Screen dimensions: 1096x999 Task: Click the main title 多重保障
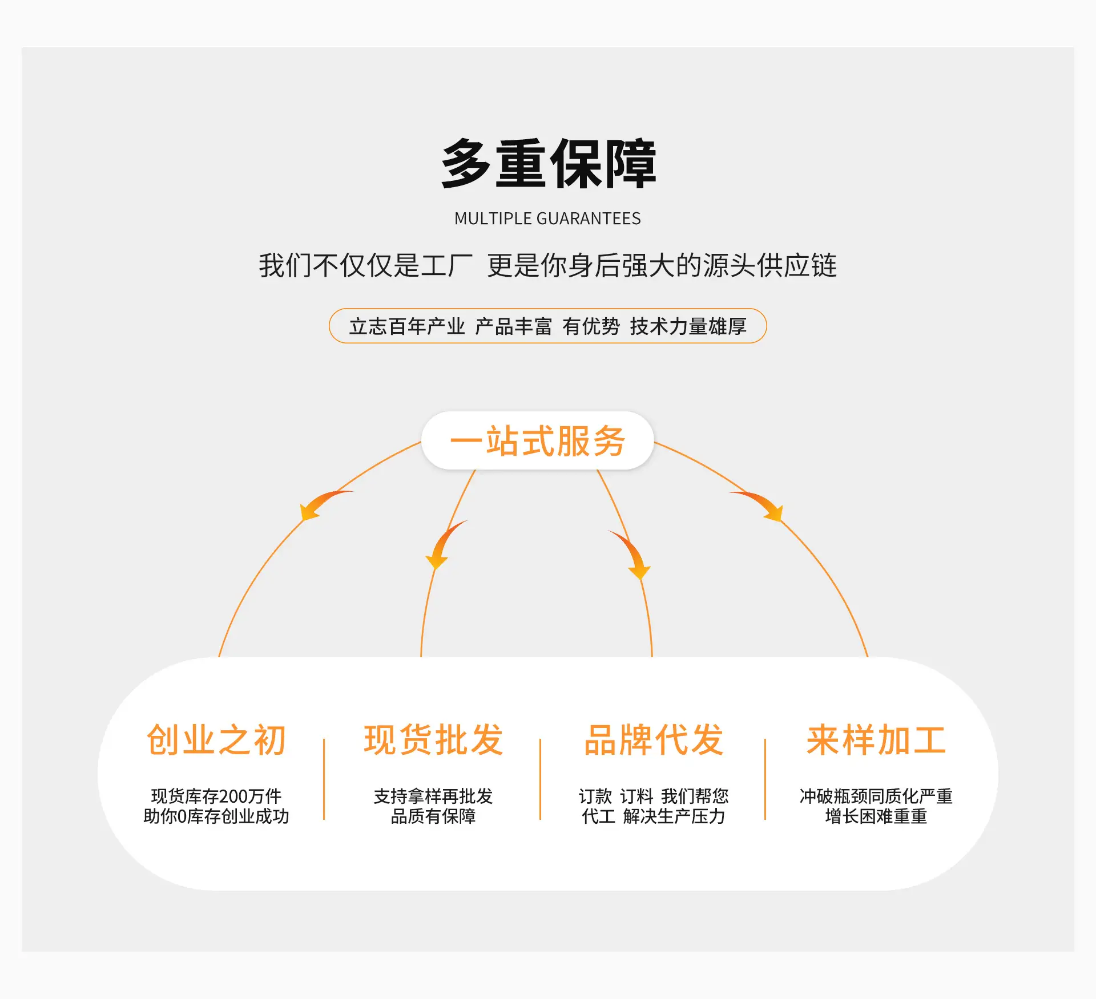click(549, 164)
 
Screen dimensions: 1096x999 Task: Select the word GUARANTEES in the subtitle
click(589, 219)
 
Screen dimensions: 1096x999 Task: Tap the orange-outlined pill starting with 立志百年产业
click(548, 326)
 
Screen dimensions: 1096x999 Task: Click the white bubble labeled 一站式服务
click(537, 440)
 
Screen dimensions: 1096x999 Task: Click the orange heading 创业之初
click(216, 740)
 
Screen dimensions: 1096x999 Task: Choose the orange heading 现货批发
click(434, 740)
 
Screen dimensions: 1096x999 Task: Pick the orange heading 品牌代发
click(654, 740)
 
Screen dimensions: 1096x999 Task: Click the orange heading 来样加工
click(876, 740)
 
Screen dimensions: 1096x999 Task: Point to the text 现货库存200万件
click(216, 796)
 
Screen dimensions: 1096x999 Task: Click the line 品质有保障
click(433, 816)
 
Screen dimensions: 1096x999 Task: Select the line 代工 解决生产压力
click(654, 816)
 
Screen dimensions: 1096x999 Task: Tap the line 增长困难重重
click(876, 816)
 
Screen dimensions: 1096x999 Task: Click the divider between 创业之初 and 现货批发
click(324, 779)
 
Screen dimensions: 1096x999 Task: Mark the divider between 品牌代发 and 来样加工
click(765, 779)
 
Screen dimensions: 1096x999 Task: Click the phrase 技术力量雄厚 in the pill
click(688, 326)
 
